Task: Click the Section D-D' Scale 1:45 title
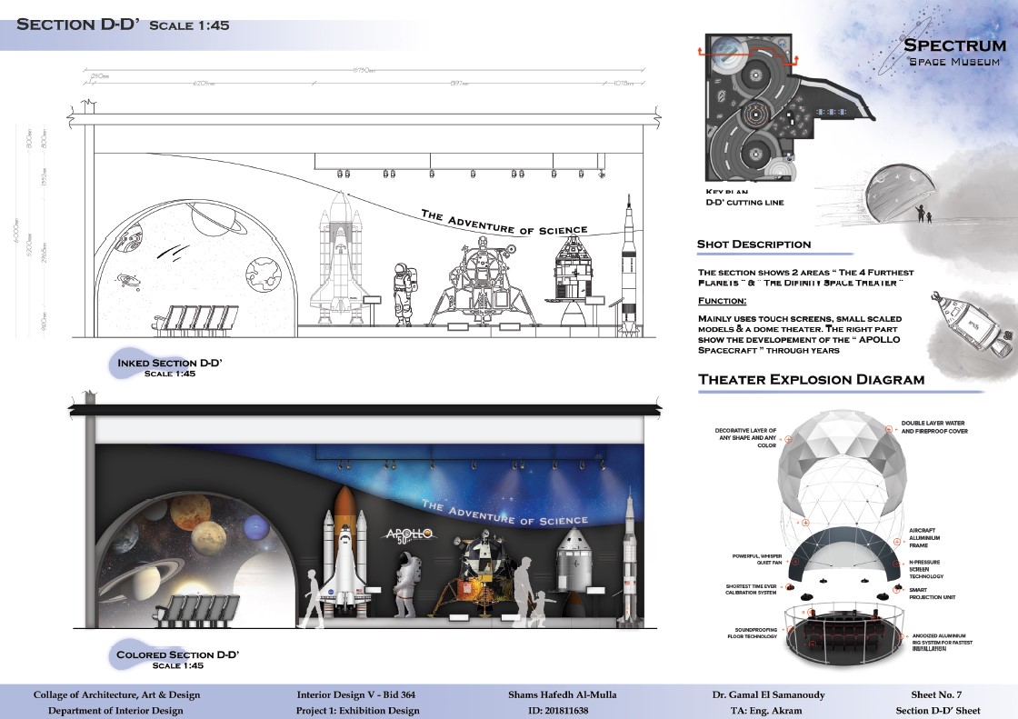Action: pyautogui.click(x=123, y=24)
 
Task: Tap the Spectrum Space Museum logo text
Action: pyautogui.click(x=953, y=52)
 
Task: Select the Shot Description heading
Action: pyautogui.click(x=754, y=244)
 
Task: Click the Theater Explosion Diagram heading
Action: pyautogui.click(x=811, y=379)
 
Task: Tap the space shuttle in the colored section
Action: pyautogui.click(x=344, y=554)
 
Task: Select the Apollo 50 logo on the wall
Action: pyautogui.click(x=409, y=535)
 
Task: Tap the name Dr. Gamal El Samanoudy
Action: pyautogui.click(x=768, y=694)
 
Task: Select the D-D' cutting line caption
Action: pyautogui.click(x=744, y=203)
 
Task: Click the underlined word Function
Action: pyautogui.click(x=723, y=300)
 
